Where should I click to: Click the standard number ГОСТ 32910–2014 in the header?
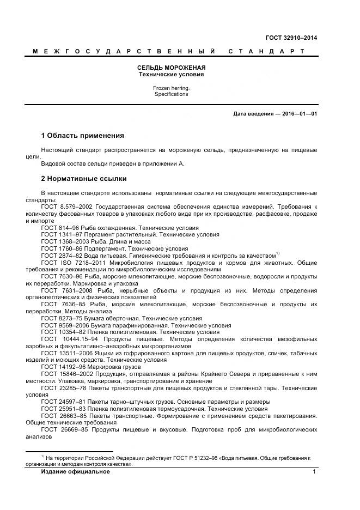pyautogui.click(x=291, y=38)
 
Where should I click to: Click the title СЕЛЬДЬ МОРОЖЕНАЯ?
pyautogui.click(x=171, y=68)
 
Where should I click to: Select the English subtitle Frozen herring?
pyautogui.click(x=171, y=88)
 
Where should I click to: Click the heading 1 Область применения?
pyautogui.click(x=83, y=135)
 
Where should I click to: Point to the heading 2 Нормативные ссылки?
pyautogui.click(x=84, y=178)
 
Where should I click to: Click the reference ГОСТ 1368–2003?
pyautogui.click(x=65, y=241)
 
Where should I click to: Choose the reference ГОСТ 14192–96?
pyautogui.click(x=63, y=367)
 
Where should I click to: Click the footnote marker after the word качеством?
pyautogui.click(x=277, y=253)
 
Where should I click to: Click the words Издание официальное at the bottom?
pyautogui.click(x=75, y=472)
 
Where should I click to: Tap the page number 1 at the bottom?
pyautogui.click(x=314, y=472)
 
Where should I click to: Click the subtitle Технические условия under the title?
pyautogui.click(x=171, y=74)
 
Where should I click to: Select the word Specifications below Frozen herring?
pyautogui.click(x=171, y=94)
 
